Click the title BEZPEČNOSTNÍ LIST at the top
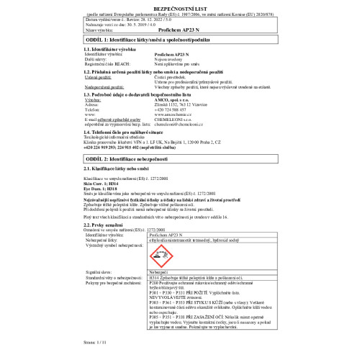point(179,6)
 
